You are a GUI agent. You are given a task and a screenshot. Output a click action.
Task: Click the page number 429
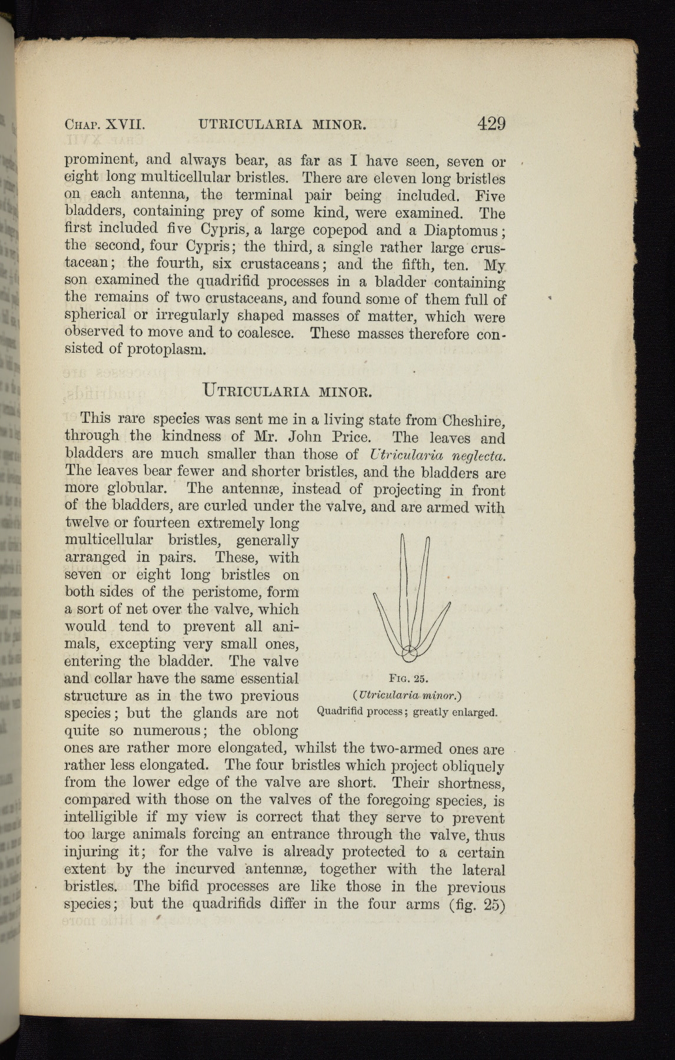(x=491, y=124)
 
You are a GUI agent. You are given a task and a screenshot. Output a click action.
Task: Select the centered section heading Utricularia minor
(x=287, y=390)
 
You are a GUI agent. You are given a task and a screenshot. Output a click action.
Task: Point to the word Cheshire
(x=474, y=420)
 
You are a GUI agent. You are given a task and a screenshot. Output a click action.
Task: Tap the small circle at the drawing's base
(x=408, y=652)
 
